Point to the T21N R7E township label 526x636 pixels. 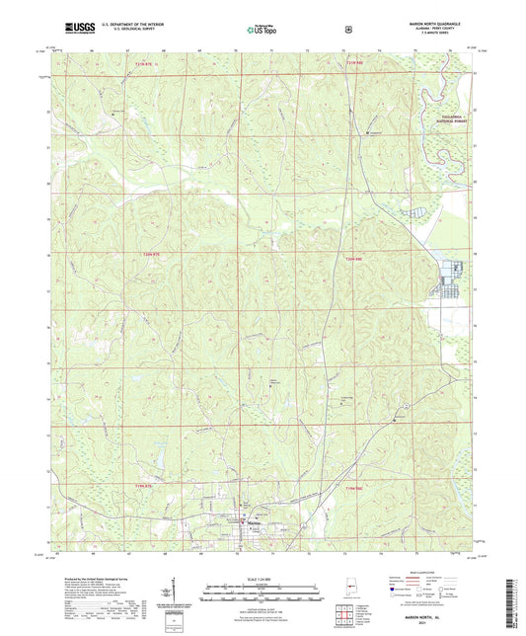click(145, 63)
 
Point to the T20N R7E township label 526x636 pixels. click(145, 254)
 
